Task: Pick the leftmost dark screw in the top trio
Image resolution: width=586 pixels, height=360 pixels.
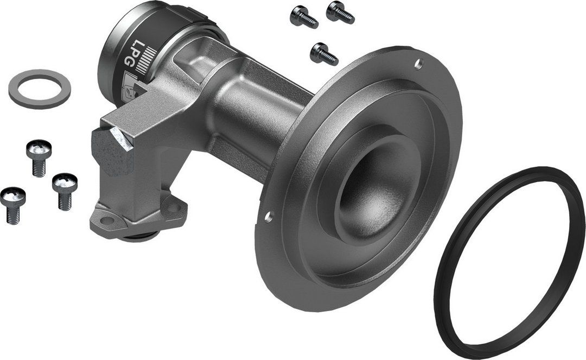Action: (303, 17)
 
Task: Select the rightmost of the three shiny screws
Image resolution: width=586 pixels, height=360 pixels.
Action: (65, 190)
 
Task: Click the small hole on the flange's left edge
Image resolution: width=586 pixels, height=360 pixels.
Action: (267, 218)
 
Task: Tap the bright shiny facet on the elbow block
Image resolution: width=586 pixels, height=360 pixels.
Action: (124, 138)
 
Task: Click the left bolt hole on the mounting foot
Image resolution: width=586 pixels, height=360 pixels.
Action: (107, 220)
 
